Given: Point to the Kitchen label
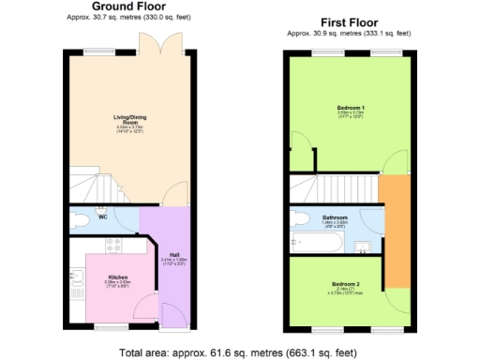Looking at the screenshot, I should [117, 277].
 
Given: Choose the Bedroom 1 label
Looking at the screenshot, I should [351, 109].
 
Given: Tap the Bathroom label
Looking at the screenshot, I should [336, 217].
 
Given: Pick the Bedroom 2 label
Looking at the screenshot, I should [347, 283].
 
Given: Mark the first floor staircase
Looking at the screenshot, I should [333, 186].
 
